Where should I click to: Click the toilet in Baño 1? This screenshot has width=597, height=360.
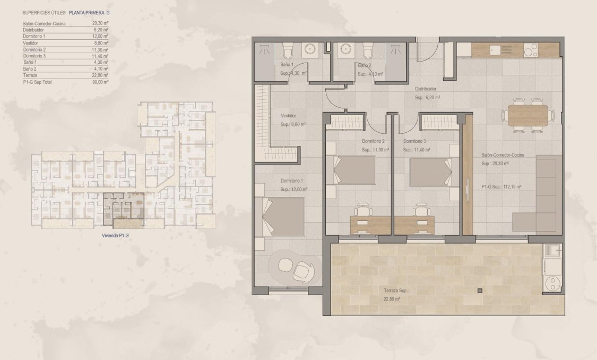[288, 52]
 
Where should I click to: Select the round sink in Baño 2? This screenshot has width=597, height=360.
[347, 49]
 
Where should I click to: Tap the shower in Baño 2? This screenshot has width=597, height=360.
[396, 52]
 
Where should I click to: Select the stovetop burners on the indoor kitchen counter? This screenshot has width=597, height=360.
[531, 50]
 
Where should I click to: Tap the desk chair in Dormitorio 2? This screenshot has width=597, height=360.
[363, 209]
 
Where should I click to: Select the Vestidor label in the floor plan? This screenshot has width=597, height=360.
[288, 115]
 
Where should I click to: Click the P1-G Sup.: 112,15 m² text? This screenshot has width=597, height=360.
[501, 187]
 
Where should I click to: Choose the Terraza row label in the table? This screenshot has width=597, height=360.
[31, 75]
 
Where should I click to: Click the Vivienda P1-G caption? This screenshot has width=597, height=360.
[115, 235]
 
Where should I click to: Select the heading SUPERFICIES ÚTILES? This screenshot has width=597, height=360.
[44, 12]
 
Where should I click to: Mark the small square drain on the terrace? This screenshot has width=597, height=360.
[480, 290]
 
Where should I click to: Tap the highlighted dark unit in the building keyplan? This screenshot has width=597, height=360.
[123, 208]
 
